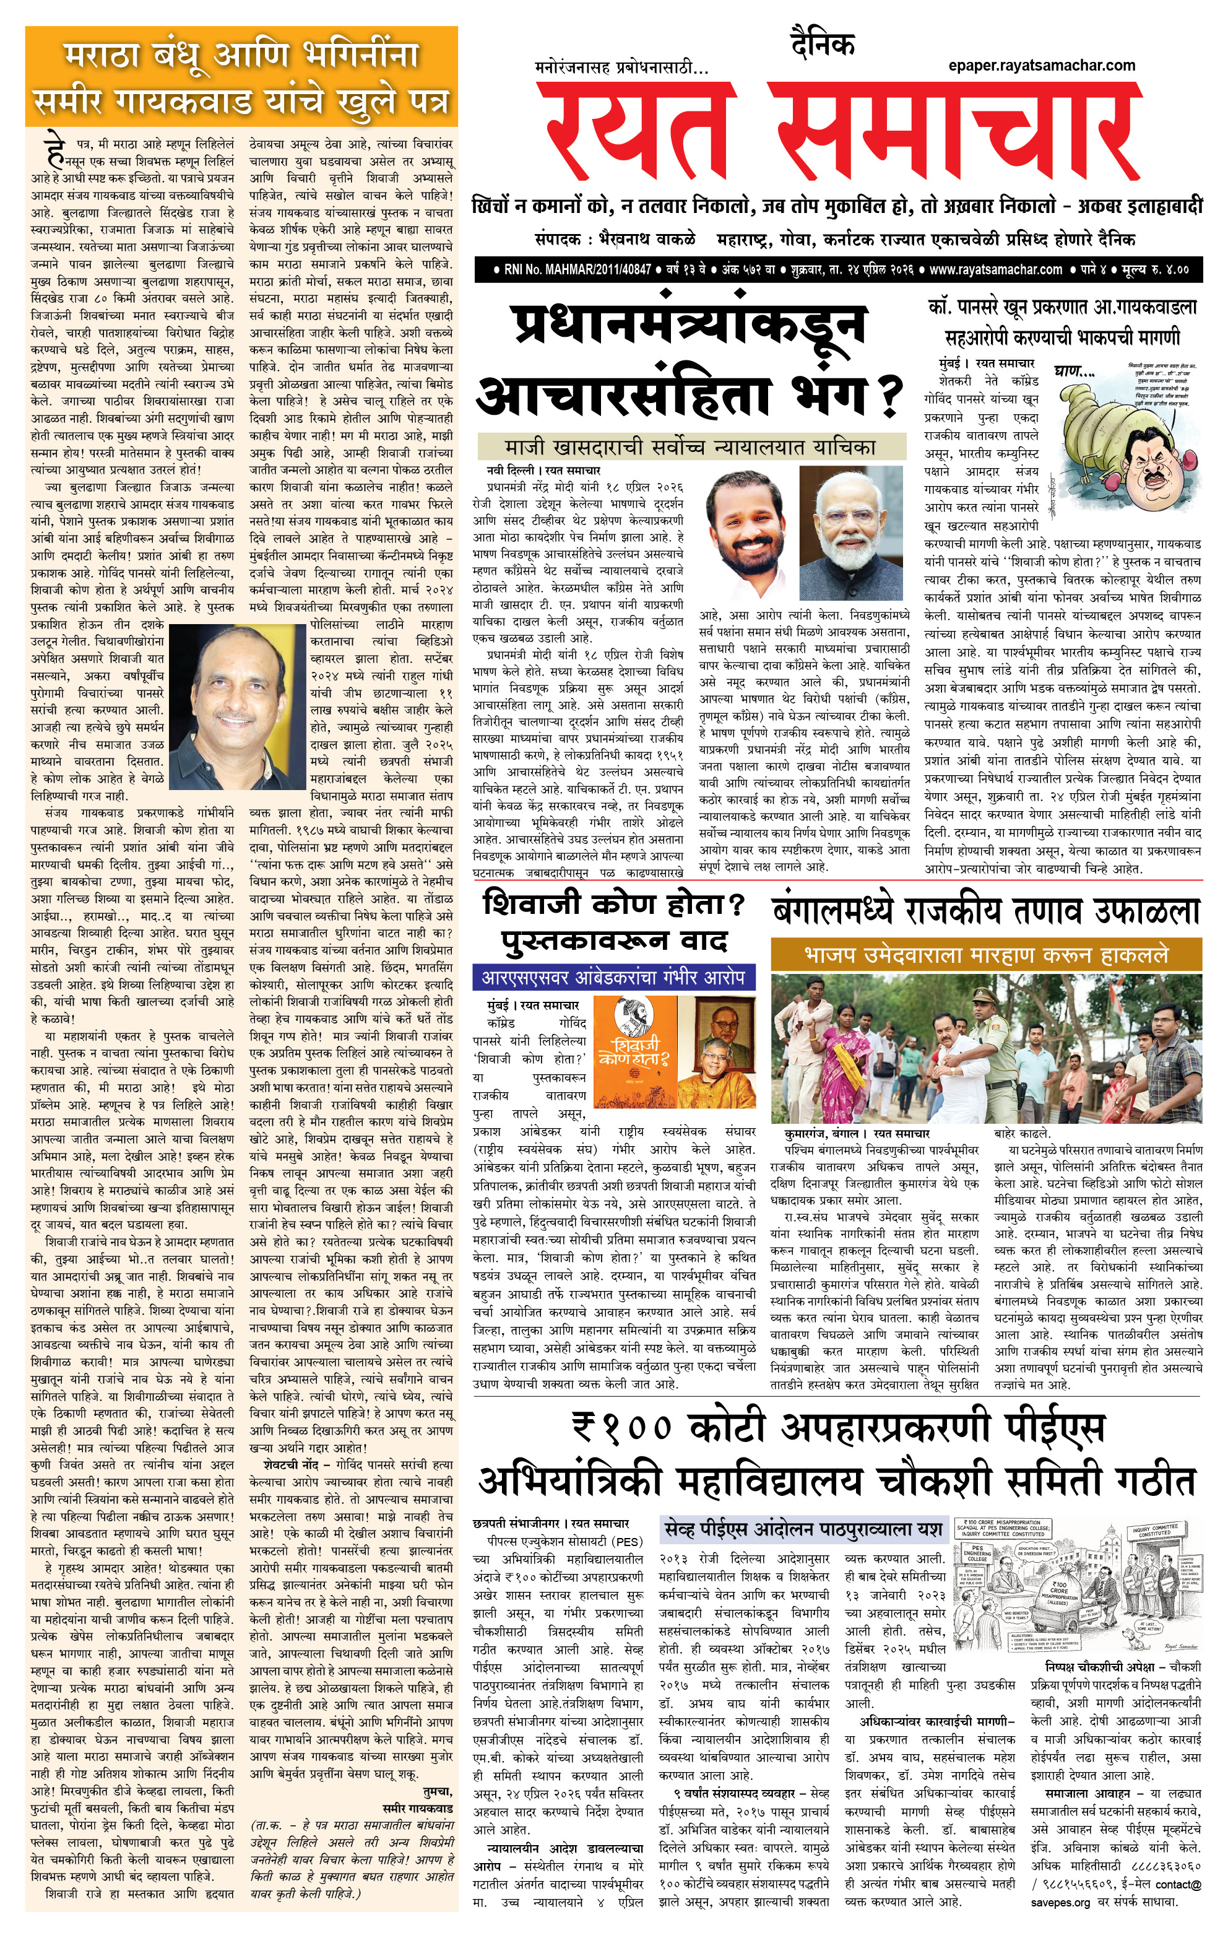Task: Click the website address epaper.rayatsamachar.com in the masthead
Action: click(x=1042, y=66)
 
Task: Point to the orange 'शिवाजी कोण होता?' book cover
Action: click(x=633, y=1051)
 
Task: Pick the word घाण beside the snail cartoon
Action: click(x=1075, y=371)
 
